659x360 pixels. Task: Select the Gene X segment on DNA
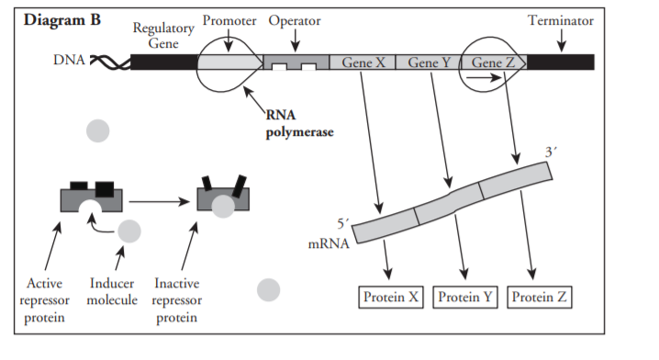tap(363, 62)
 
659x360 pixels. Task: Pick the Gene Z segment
tap(493, 62)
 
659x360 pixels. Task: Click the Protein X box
tap(390, 298)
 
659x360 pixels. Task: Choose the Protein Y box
tap(464, 298)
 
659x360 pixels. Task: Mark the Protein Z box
tap(539, 298)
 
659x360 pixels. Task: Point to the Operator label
tap(293, 20)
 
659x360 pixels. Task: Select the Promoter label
tap(229, 20)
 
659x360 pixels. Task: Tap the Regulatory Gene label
tap(163, 34)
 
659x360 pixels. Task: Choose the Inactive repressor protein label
tap(176, 299)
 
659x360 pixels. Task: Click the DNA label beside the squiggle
tap(70, 62)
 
